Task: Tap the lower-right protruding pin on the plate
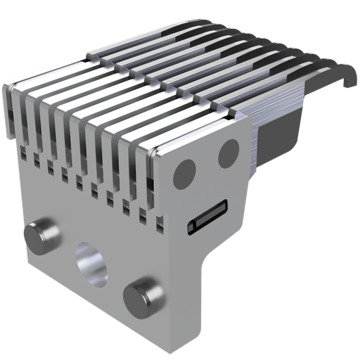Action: tap(143, 297)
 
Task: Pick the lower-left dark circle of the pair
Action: tap(185, 170)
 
